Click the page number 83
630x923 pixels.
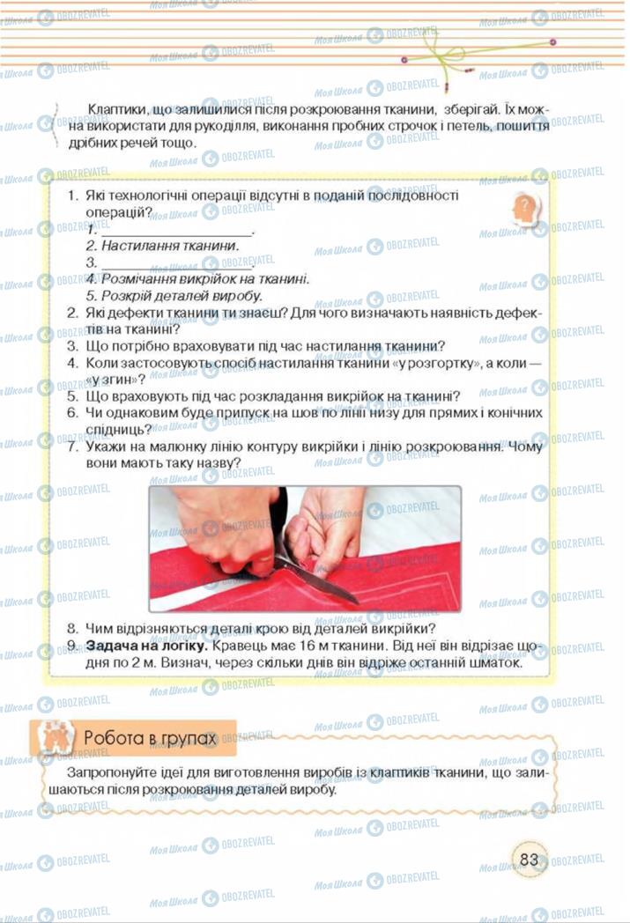click(529, 859)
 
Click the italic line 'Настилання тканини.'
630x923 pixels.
click(162, 246)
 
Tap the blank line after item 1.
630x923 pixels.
click(176, 231)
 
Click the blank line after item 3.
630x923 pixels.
click(176, 263)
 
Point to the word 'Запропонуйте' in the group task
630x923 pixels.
click(97, 772)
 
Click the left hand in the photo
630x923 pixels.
click(220, 533)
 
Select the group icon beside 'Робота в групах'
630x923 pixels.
click(51, 738)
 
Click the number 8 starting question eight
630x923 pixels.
click(73, 629)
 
